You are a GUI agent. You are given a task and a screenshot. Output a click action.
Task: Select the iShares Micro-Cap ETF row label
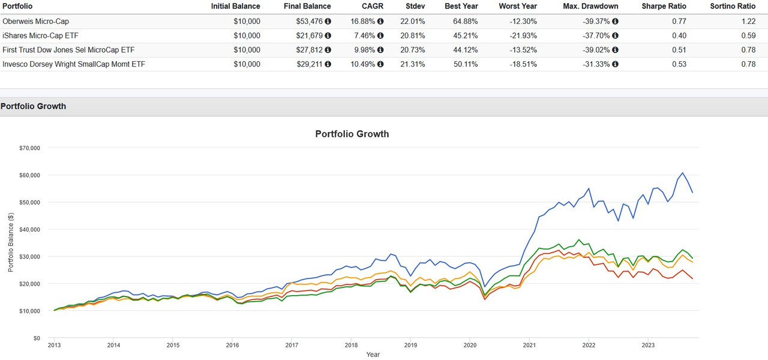click(40, 35)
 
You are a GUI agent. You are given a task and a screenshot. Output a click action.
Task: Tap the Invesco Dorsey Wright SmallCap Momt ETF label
click(74, 64)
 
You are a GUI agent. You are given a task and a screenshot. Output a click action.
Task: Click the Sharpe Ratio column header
click(664, 6)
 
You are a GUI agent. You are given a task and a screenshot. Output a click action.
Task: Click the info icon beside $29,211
click(328, 64)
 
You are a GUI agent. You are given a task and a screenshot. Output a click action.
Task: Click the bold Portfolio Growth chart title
click(352, 134)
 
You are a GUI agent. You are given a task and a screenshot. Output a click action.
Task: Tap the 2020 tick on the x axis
click(470, 345)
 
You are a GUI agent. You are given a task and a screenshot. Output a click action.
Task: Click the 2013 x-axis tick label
click(54, 345)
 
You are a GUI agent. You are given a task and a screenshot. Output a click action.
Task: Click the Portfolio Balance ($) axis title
click(11, 243)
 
